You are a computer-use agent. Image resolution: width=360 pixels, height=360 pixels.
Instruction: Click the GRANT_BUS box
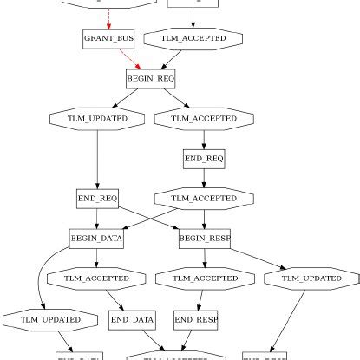coord(102,39)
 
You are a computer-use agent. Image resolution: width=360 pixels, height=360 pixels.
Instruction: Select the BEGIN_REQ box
coord(151,78)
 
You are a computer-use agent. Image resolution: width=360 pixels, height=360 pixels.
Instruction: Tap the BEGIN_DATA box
coord(96,238)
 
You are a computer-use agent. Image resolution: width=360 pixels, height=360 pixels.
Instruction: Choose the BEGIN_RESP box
coord(205,238)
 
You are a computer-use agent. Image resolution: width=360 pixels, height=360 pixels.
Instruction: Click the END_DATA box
coord(132,320)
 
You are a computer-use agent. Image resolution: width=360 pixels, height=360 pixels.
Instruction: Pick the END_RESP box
coord(196,320)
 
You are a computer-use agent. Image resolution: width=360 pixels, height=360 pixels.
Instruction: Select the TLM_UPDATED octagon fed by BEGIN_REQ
coord(97,118)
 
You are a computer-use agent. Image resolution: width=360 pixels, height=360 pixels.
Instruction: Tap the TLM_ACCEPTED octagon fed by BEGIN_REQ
coord(204,118)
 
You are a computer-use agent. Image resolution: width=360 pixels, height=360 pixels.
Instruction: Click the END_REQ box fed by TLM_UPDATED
coord(97,199)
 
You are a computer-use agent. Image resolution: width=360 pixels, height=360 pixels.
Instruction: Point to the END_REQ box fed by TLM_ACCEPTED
coord(204,159)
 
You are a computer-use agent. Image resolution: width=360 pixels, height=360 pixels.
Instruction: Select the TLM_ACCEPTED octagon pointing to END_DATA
coord(96,278)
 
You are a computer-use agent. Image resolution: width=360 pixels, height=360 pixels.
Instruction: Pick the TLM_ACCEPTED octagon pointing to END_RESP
coord(205,278)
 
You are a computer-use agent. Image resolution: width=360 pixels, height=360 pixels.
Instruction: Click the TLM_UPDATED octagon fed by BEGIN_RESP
coord(311,278)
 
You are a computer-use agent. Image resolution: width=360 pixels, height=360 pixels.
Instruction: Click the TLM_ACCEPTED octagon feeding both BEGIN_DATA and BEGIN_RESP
coord(204,199)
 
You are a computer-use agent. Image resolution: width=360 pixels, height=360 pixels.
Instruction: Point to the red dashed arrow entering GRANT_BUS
coord(108,17)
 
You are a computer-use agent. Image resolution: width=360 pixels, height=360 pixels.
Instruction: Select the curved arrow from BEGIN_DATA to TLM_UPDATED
coord(42,278)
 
